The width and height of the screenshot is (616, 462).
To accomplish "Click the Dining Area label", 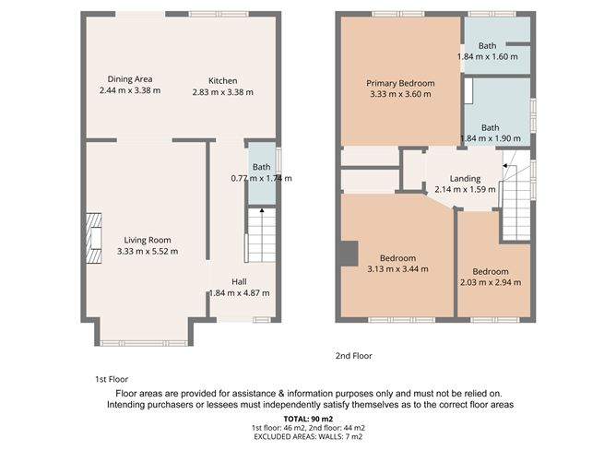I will [129, 79].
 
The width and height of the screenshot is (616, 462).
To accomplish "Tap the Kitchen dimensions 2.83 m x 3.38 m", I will [222, 92].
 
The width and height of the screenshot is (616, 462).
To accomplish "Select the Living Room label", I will [148, 240].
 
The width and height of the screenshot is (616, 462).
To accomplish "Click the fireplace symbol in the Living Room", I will [93, 233].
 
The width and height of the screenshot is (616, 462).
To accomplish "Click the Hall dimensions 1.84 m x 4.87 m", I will [240, 293].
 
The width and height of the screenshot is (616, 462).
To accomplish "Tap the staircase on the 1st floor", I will [261, 236].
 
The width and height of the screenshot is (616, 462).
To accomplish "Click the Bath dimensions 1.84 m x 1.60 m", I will [488, 57].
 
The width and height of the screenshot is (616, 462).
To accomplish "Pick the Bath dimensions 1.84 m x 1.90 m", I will [488, 139].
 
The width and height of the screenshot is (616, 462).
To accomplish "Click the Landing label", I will [465, 178].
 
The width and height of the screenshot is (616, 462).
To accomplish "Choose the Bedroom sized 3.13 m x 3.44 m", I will [398, 257].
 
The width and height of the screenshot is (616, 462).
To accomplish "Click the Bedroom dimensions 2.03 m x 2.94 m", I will [491, 283].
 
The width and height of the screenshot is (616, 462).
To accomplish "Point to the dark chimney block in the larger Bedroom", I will [349, 253].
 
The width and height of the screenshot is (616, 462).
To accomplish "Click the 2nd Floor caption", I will [353, 355].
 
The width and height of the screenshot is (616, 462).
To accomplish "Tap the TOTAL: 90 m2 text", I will [308, 419].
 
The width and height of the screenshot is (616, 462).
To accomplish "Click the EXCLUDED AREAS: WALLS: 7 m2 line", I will [308, 437].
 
